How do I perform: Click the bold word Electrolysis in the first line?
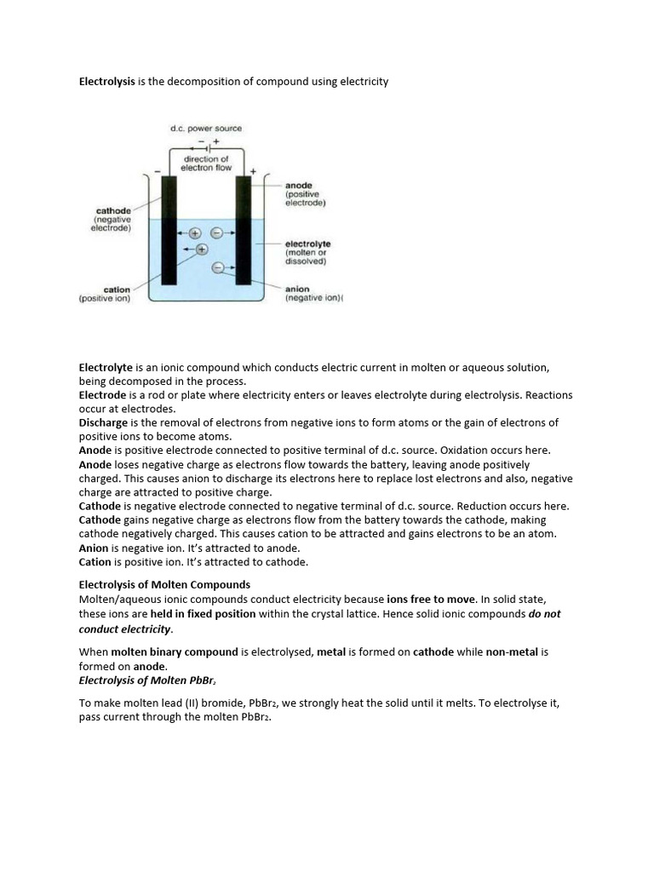[x=106, y=82]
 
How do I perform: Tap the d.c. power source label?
[x=206, y=129]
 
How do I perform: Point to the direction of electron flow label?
[x=206, y=163]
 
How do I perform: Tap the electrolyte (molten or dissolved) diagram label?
[x=307, y=252]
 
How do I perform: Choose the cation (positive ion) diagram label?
[x=106, y=294]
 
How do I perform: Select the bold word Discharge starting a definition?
[x=103, y=422]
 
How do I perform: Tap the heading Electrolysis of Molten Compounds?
[x=164, y=584]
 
